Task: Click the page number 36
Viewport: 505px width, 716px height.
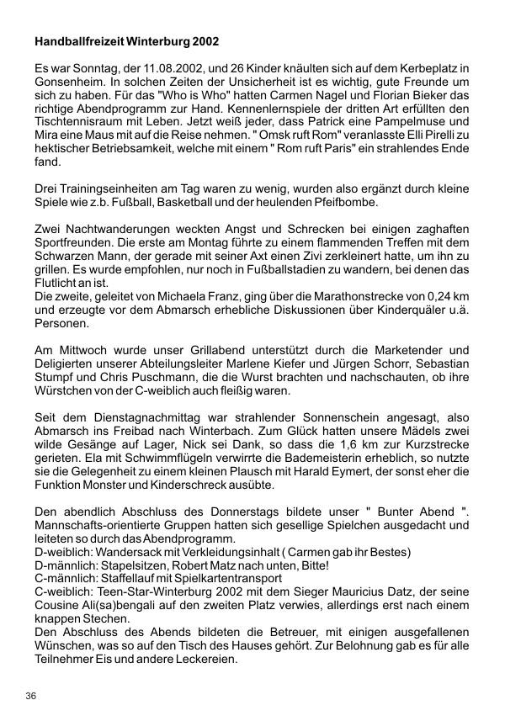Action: tap(31, 696)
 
